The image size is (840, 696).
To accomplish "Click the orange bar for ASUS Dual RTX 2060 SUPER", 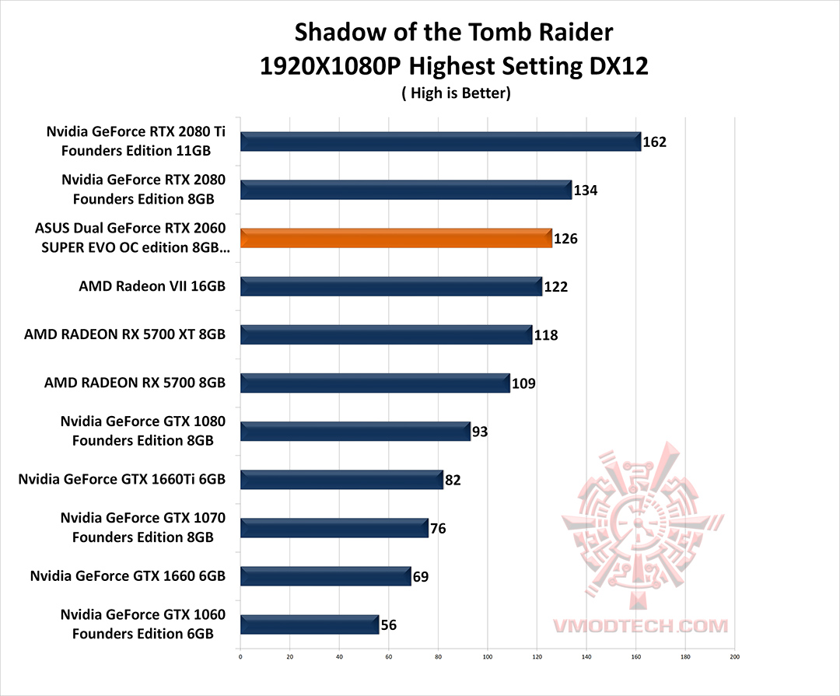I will [x=396, y=238].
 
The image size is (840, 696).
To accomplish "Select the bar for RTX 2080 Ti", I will [x=440, y=142].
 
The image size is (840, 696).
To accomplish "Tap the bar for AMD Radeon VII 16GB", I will [x=390, y=286].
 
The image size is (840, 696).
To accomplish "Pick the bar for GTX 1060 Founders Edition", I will [x=310, y=624].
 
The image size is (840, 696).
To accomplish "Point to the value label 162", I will [x=655, y=142].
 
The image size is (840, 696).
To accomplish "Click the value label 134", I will [x=585, y=191].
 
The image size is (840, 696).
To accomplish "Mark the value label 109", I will [x=523, y=383].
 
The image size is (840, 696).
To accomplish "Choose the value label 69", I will [x=420, y=576].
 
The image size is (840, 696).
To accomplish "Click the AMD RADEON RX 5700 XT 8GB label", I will [x=124, y=334].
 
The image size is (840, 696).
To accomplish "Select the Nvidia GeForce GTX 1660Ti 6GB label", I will [x=121, y=479].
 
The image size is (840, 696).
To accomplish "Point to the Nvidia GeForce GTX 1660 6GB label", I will [x=128, y=576].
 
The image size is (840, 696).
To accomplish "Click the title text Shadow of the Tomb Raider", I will [x=453, y=33].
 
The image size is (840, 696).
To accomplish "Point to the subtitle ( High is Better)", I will [x=454, y=93].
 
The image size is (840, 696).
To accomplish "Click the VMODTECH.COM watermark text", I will [x=640, y=626].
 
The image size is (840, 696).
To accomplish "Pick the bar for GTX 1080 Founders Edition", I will [x=355, y=431].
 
